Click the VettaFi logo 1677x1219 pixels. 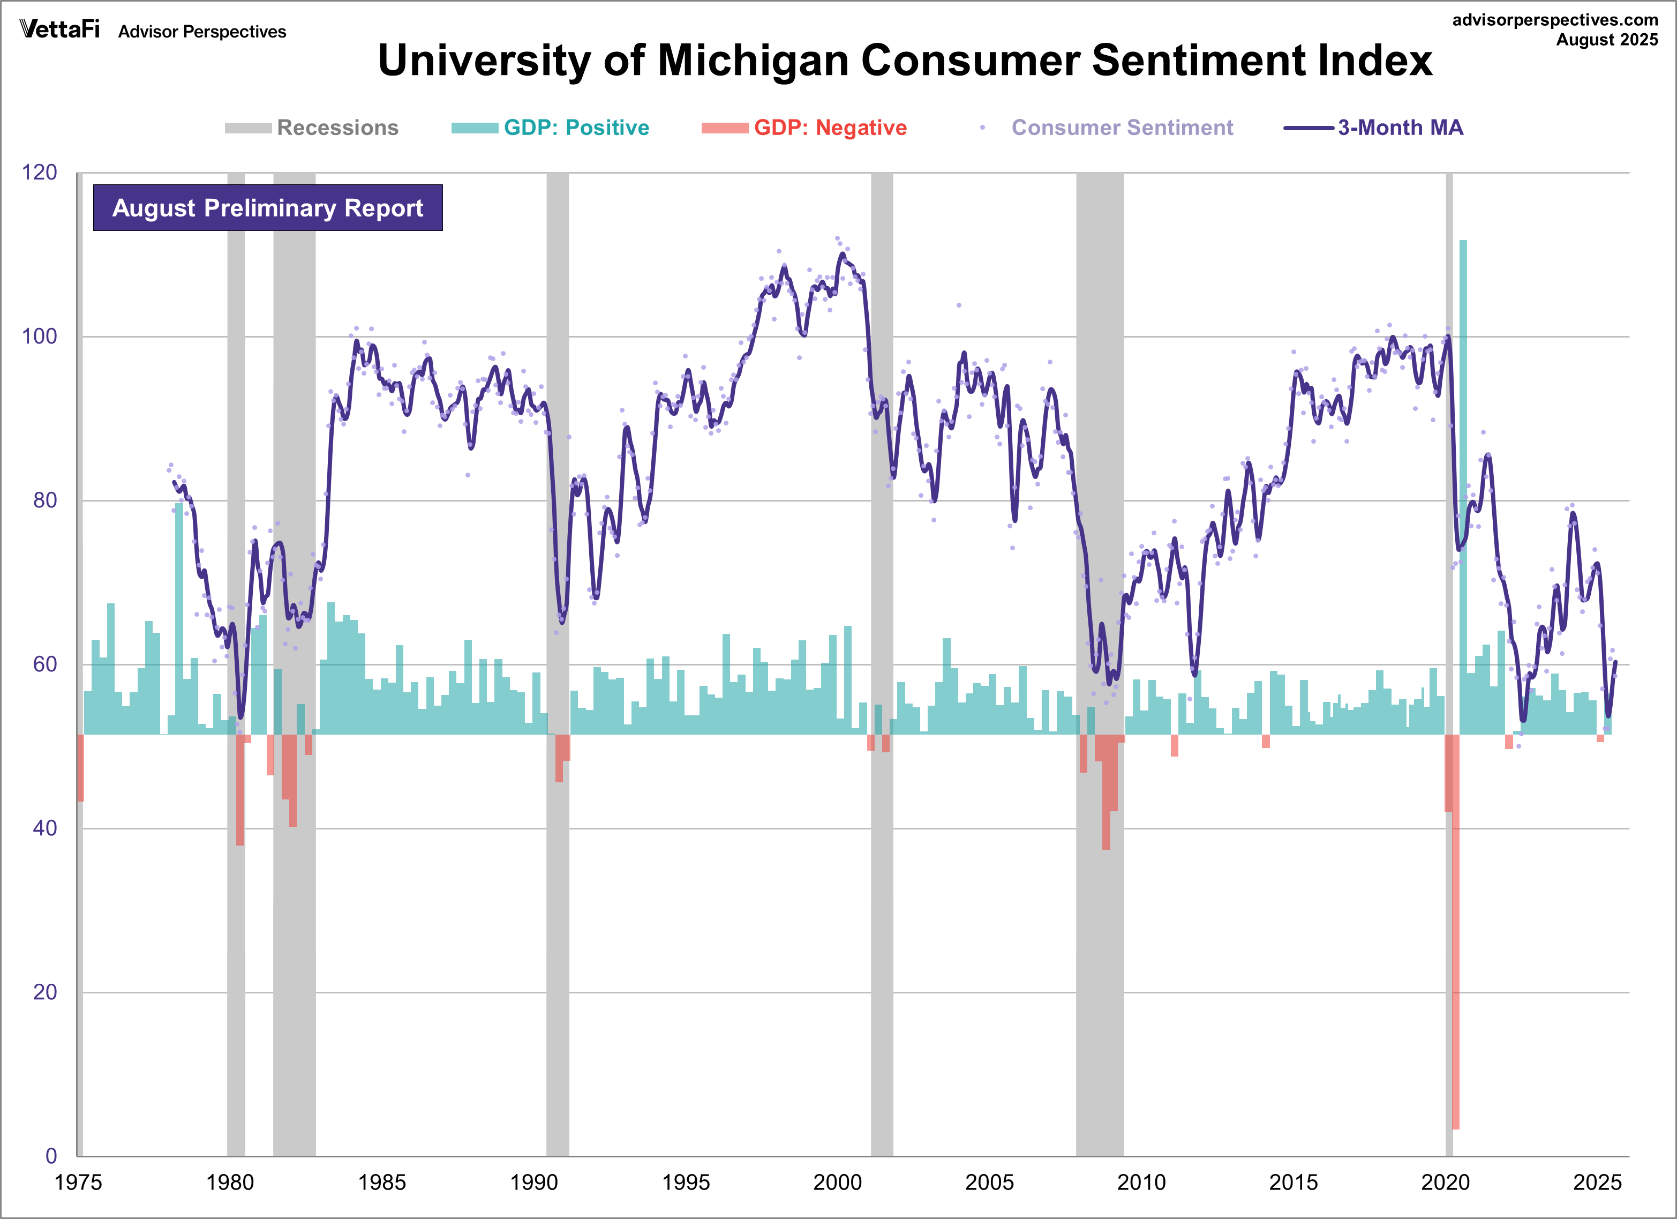(x=59, y=29)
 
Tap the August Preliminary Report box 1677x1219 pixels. (x=268, y=208)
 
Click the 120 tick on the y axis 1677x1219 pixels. (x=39, y=173)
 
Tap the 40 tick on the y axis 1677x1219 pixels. (x=44, y=828)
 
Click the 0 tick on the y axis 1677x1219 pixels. (x=50, y=1155)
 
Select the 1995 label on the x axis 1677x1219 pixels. (x=686, y=1182)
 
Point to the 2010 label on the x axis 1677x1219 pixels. (x=1141, y=1182)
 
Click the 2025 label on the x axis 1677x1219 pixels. (x=1597, y=1182)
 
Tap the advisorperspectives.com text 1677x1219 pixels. (x=1554, y=20)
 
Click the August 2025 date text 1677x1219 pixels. (x=1607, y=40)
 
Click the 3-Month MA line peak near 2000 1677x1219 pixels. (x=842, y=255)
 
